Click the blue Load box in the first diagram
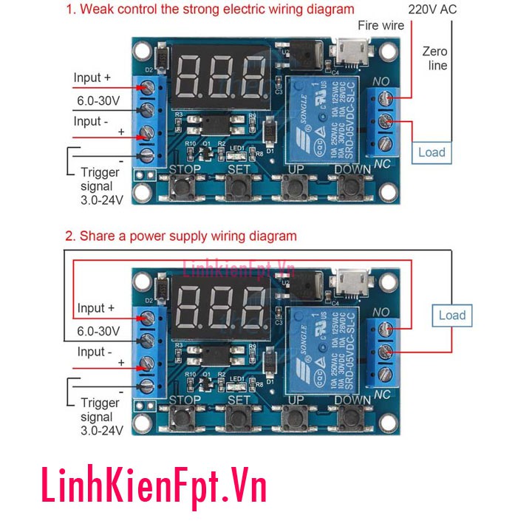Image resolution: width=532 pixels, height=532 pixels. click(x=432, y=152)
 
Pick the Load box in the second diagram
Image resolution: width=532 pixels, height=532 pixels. click(x=452, y=316)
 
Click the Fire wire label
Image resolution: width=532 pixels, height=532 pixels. click(x=381, y=26)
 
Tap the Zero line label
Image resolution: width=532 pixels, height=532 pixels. click(x=435, y=58)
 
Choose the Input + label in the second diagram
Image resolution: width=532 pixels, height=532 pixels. click(x=96, y=308)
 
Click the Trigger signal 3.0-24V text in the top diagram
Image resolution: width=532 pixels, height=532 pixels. click(x=100, y=185)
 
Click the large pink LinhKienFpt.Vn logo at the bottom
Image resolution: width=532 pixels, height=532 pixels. click(x=152, y=488)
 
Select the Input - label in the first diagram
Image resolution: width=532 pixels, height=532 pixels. click(x=93, y=121)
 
